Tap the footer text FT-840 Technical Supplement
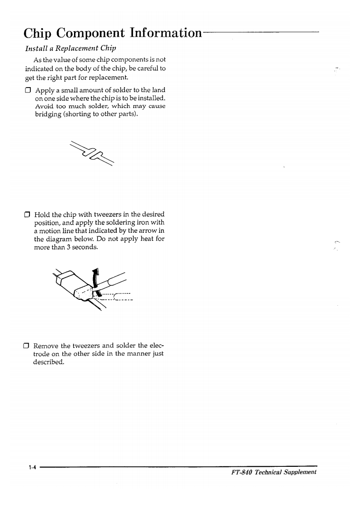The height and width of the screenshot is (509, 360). click(274, 472)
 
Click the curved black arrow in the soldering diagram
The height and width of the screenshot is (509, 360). click(95, 278)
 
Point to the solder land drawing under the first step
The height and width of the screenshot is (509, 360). click(92, 152)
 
